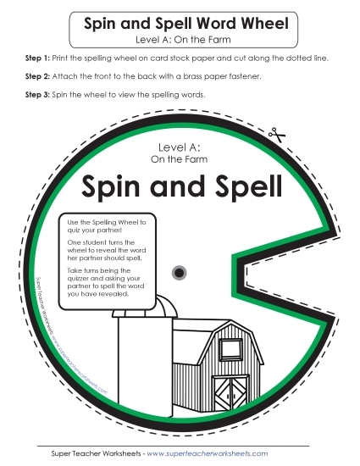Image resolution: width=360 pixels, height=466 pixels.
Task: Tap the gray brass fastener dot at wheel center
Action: pyautogui.click(x=180, y=272)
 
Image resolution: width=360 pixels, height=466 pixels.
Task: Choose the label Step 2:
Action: pyautogui.click(x=28, y=76)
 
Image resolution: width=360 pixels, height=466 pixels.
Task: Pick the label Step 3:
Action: pyautogui.click(x=28, y=95)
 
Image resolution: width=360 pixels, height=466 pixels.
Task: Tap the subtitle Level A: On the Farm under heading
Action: pyautogui.click(x=180, y=39)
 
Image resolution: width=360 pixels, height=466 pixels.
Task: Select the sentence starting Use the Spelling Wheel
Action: pyautogui.click(x=107, y=225)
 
